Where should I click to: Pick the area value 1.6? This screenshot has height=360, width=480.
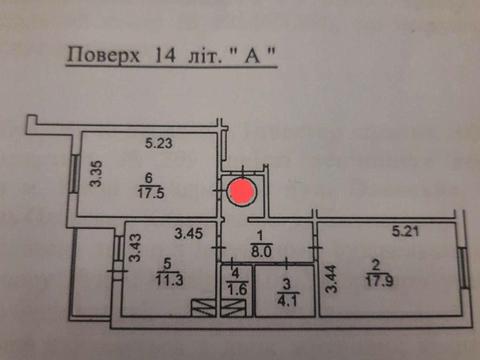pos(236,291)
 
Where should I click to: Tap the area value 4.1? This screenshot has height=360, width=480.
pos(286,296)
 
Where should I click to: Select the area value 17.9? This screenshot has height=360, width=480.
pos(377,280)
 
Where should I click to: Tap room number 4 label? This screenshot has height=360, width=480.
pos(235,274)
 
